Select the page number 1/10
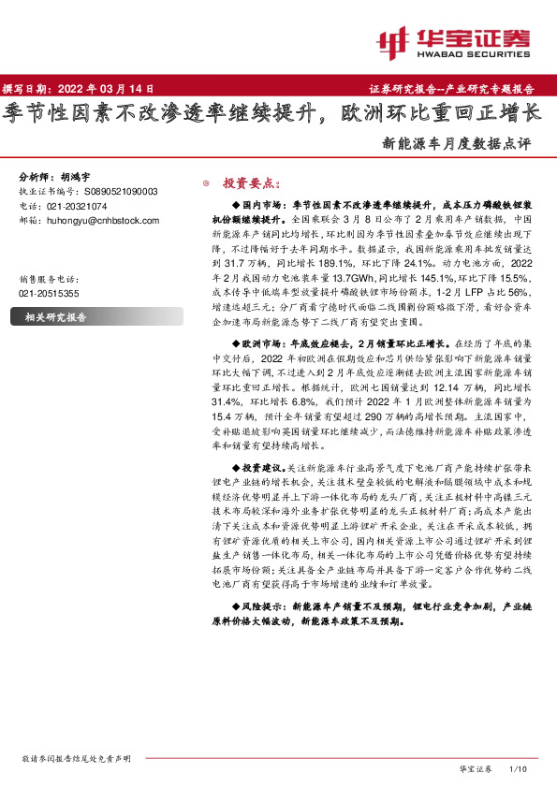click(x=519, y=768)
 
